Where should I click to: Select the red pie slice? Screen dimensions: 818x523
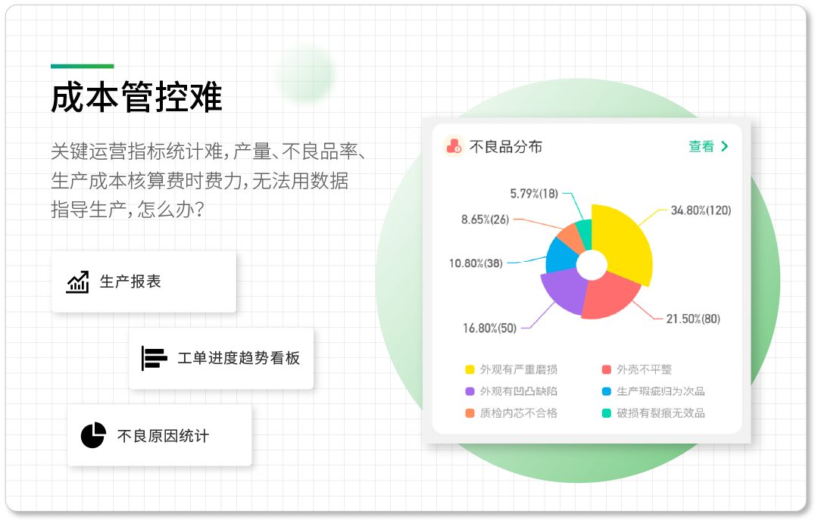tap(607, 297)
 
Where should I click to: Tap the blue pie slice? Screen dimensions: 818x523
tap(560, 257)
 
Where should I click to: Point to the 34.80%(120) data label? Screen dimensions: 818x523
tap(701, 210)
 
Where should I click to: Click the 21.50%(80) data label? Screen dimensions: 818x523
tap(693, 319)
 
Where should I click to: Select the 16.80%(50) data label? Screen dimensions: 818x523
tap(489, 328)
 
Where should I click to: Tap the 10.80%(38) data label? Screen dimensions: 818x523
tap(476, 264)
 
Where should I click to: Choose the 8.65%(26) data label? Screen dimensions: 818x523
tap(485, 220)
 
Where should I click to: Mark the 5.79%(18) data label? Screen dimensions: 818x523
tap(534, 194)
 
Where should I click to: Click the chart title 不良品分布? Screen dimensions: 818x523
tap(505, 147)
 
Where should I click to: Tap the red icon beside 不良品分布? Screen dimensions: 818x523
tap(454, 147)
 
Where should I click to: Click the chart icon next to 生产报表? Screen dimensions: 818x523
tap(78, 282)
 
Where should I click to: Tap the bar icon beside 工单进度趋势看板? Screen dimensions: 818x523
tap(154, 358)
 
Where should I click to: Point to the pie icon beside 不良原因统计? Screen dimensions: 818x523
tap(93, 435)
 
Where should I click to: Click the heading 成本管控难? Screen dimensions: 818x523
tap(136, 97)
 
